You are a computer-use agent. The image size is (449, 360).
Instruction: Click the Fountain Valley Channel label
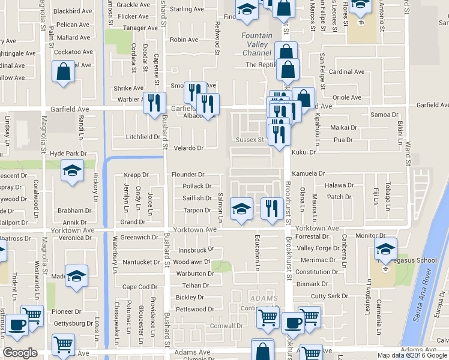click(257, 44)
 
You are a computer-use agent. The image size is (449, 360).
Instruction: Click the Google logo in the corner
click(20, 353)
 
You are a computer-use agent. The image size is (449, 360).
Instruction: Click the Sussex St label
click(250, 140)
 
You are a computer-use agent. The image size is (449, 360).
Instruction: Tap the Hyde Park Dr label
click(68, 154)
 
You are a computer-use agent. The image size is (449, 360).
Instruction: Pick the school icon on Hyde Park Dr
click(72, 171)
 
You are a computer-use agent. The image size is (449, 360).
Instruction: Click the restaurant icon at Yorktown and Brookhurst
click(272, 209)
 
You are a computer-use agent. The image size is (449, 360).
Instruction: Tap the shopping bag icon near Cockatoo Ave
click(63, 72)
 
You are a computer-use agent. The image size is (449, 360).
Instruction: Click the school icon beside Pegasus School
click(385, 249)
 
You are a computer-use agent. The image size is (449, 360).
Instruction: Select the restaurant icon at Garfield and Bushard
click(154, 103)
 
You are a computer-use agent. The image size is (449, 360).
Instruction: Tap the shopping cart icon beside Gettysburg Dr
click(62, 344)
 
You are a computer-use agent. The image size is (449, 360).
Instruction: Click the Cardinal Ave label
click(347, 72)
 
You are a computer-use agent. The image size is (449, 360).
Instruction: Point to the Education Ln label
click(258, 251)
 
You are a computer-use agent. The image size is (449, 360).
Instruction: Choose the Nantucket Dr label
click(140, 262)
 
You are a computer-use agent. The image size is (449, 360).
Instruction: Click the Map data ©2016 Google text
click(412, 355)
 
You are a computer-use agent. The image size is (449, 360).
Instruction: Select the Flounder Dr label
click(188, 175)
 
